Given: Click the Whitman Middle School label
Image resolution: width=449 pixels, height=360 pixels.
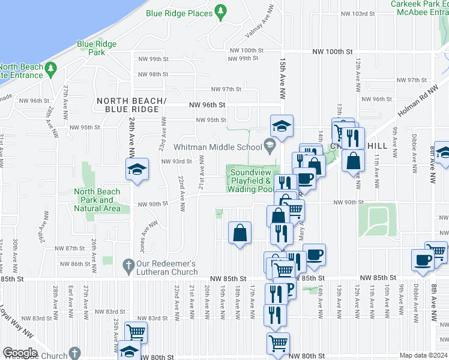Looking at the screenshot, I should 218,146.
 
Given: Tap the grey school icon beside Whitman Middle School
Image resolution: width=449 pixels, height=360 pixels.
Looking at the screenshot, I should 271,145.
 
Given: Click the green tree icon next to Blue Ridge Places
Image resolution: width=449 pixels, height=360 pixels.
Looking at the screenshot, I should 221,11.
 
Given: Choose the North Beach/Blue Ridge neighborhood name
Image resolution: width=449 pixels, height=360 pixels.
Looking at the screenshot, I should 130,104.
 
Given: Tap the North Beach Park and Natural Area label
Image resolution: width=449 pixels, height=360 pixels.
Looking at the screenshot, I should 97,200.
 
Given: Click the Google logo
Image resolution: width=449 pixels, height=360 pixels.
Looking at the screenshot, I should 20,353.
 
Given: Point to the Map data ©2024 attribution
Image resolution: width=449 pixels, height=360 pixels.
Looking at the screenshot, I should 423,355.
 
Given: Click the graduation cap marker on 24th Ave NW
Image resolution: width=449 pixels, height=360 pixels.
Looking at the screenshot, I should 137,169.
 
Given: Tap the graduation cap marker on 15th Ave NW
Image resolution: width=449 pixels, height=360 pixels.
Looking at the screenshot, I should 281,126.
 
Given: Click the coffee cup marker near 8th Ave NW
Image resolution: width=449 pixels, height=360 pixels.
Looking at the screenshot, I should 423,260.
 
